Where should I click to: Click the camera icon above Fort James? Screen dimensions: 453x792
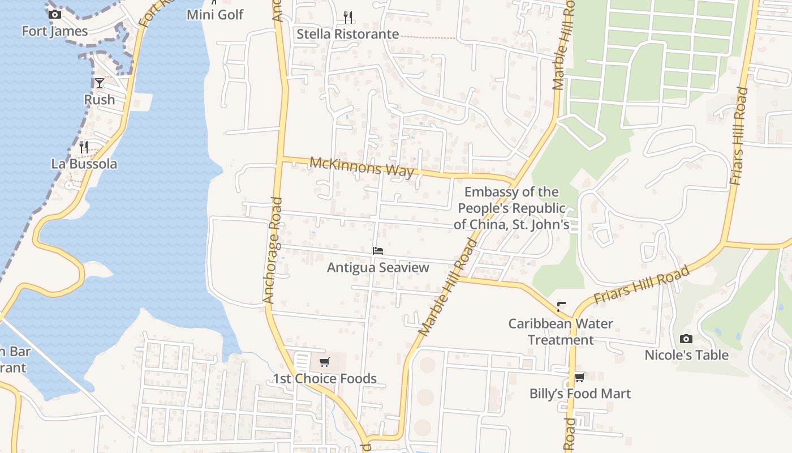click(54, 15)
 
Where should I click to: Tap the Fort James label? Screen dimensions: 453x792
click(55, 31)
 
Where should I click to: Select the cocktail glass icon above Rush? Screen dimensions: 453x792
click(100, 83)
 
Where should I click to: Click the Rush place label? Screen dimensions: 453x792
click(100, 100)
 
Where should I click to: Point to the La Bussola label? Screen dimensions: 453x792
click(84, 164)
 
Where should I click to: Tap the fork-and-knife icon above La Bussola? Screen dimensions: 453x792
click(84, 147)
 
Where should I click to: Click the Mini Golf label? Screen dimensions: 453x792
click(215, 14)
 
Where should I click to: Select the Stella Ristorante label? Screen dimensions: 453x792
click(348, 34)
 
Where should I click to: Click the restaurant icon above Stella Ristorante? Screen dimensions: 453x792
click(348, 18)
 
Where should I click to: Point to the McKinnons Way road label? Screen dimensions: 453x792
click(362, 167)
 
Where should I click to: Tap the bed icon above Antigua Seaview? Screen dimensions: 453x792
click(378, 250)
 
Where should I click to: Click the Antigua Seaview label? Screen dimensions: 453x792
click(378, 267)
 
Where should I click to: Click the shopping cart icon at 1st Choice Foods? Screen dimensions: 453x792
click(325, 362)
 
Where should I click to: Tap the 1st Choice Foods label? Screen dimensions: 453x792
click(325, 379)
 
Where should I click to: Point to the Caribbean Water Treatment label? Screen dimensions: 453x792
click(561, 332)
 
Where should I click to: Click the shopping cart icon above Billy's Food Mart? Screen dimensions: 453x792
click(580, 377)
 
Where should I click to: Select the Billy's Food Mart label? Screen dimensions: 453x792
click(580, 394)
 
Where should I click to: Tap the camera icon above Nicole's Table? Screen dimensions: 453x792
click(686, 339)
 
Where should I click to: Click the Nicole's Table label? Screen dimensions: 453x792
click(686, 355)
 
